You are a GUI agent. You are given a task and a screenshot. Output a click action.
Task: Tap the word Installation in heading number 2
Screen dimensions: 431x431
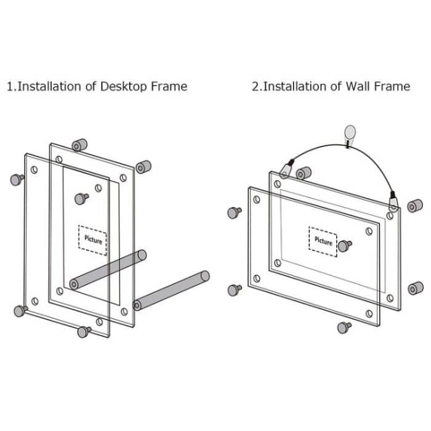click(x=294, y=86)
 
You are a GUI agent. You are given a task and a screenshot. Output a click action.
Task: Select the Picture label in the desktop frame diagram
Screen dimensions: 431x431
click(x=92, y=240)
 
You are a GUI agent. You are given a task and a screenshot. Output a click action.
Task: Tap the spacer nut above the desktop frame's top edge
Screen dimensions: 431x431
click(x=78, y=146)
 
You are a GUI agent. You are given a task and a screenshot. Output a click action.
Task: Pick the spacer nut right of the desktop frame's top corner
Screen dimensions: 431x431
click(x=144, y=167)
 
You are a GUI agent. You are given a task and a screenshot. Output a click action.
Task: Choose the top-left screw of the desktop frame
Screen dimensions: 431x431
click(x=17, y=179)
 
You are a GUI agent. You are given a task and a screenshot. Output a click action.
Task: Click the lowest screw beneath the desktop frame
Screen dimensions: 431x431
click(x=84, y=332)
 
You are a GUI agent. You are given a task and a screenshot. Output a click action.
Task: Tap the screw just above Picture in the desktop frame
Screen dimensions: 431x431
click(x=81, y=198)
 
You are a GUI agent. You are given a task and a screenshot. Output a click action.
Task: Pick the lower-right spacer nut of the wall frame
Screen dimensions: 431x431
click(x=416, y=288)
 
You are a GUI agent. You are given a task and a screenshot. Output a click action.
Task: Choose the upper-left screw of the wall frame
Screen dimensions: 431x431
click(x=234, y=212)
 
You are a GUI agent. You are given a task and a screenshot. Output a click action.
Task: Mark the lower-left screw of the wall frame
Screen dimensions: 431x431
click(x=234, y=289)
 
